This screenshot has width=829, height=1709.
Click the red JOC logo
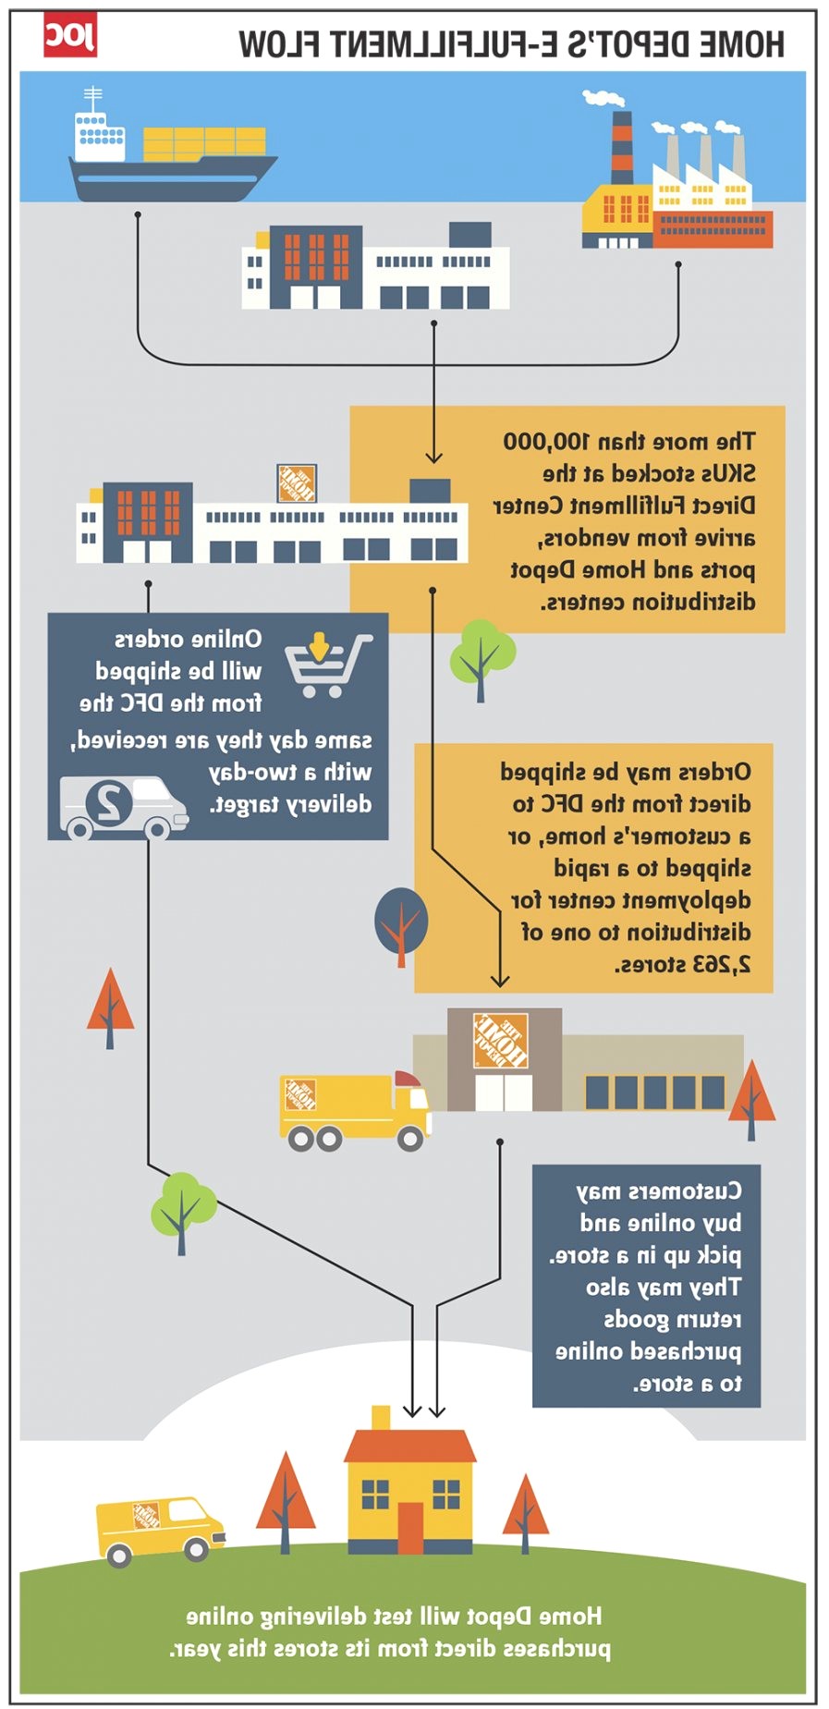69,37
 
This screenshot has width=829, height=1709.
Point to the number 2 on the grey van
110,801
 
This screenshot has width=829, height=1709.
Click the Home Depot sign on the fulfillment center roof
297,482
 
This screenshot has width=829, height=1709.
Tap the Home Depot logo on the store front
500,1041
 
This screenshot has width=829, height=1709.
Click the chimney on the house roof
381,1419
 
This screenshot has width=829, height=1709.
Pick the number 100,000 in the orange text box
546,442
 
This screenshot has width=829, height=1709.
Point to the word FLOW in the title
279,43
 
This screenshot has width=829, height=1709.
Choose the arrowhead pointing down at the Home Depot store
499,980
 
